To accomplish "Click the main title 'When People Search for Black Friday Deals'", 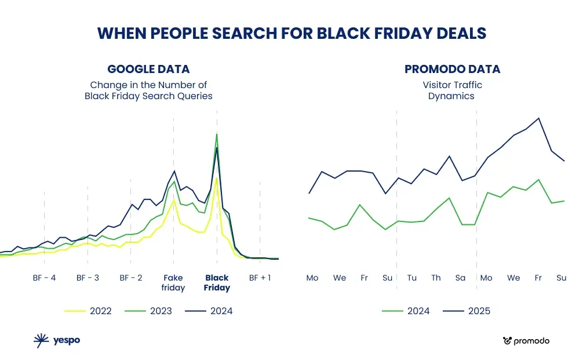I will point(291,34).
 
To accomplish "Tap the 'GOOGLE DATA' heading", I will point(148,70).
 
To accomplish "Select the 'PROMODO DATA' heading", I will point(452,70).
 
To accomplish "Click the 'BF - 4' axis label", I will point(44,278).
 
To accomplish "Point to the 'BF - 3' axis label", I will point(88,278).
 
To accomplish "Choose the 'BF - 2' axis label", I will point(131,278).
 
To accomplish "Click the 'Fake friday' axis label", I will point(173,283).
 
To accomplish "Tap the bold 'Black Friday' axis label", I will point(217,283).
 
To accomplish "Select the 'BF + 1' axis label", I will point(260,278).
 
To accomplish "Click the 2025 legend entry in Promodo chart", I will point(467,311).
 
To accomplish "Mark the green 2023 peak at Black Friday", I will point(217,134).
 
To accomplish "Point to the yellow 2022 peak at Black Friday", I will point(216,177).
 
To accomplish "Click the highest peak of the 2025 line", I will point(539,118).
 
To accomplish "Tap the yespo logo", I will point(57,341).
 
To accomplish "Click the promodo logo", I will point(526,341).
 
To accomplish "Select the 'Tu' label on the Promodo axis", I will point(412,278).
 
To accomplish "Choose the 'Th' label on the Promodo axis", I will point(436,278).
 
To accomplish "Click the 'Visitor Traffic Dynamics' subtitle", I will point(452,90).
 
